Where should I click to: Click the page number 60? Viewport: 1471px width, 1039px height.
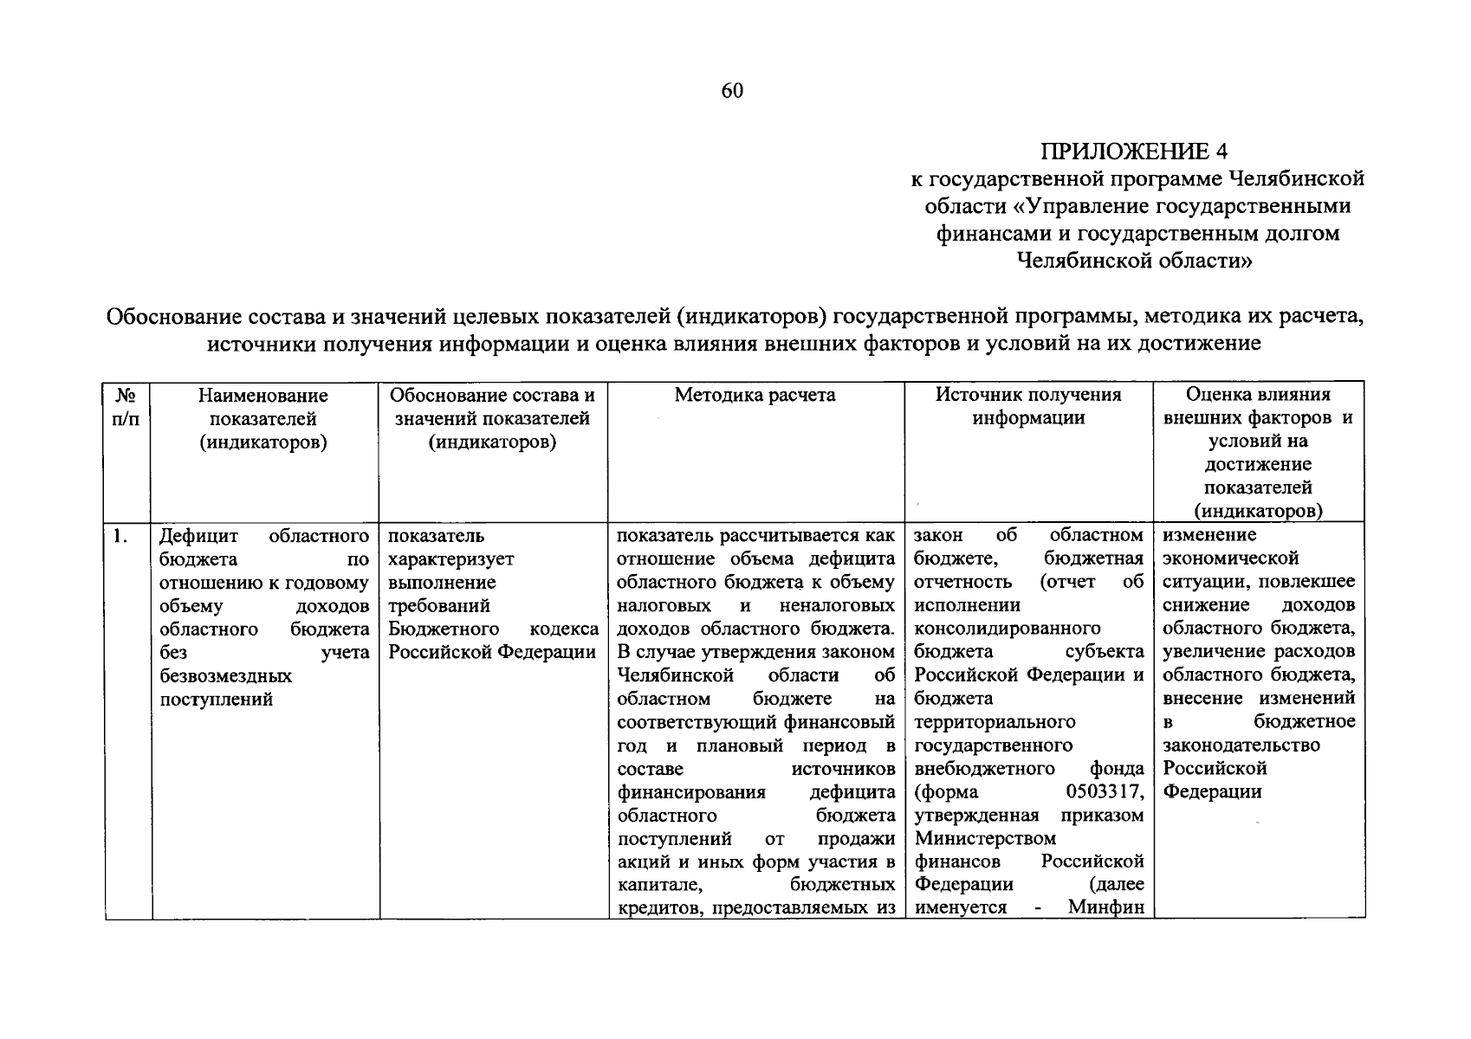(x=732, y=91)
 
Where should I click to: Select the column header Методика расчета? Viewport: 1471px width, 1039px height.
(x=755, y=396)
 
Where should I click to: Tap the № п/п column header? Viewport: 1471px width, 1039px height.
(x=126, y=407)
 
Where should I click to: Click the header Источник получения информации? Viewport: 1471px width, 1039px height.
(x=1028, y=407)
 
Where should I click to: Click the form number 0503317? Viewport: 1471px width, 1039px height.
(x=1105, y=792)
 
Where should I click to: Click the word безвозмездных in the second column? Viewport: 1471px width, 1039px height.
(x=226, y=676)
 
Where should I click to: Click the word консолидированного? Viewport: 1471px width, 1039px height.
(x=1008, y=629)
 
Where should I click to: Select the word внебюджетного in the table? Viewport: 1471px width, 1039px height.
(x=985, y=769)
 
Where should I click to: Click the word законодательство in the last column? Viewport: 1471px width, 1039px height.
(x=1241, y=745)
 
